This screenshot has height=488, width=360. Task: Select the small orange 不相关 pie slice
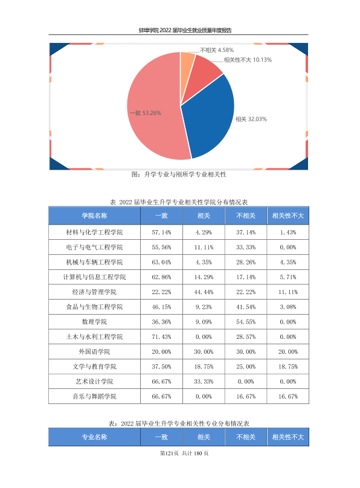point(187,62)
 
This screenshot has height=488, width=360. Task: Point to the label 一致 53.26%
point(146,113)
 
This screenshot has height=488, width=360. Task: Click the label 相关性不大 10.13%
point(248,60)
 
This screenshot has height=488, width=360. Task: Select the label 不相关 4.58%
point(217,50)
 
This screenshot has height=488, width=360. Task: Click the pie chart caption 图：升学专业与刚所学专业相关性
point(179,175)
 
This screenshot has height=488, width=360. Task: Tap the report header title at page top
point(185,30)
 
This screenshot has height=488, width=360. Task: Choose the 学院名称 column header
point(94,216)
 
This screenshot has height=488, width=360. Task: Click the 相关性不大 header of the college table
point(288,216)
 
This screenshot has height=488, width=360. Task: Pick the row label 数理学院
point(94,322)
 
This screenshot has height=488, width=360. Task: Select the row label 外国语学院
point(94,352)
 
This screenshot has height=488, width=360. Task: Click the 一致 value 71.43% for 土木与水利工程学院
point(161,337)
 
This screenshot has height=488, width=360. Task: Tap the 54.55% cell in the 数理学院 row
point(246,322)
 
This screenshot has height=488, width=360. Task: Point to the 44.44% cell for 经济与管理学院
point(204,292)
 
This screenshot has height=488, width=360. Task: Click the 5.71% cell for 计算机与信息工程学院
point(288,277)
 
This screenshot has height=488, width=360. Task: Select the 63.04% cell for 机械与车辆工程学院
point(161,262)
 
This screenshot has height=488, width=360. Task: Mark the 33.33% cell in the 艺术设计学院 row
point(204,382)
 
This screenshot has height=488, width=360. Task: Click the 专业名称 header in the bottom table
point(94,437)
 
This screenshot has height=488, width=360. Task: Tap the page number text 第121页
point(169,453)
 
